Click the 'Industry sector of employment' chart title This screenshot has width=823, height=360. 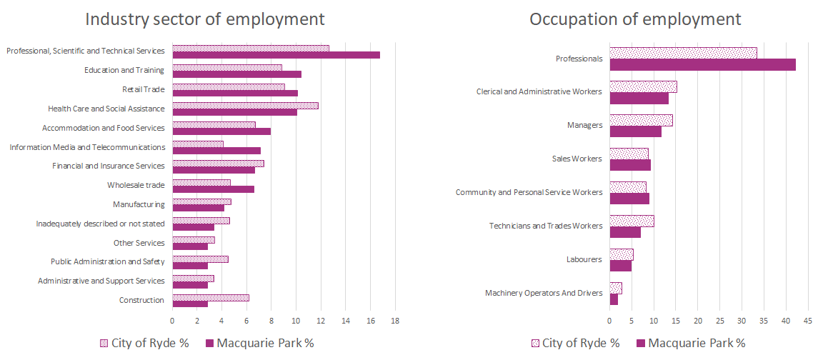[205, 19]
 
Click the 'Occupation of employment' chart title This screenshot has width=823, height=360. [635, 19]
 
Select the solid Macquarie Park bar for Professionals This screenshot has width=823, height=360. [702, 65]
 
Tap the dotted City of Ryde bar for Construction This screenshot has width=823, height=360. [211, 297]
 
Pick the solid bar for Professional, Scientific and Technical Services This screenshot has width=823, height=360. [276, 55]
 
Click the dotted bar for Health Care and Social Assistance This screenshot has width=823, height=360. [245, 106]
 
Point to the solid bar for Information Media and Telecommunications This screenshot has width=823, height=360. [216, 151]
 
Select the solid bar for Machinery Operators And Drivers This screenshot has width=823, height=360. [614, 299]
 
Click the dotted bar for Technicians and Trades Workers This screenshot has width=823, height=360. [632, 221]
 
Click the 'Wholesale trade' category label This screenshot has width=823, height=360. [136, 186]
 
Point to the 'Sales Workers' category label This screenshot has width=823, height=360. [577, 159]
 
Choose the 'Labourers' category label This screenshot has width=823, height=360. [584, 259]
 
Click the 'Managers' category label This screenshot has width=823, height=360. [584, 125]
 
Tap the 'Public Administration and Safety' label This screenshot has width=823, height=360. [107, 262]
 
